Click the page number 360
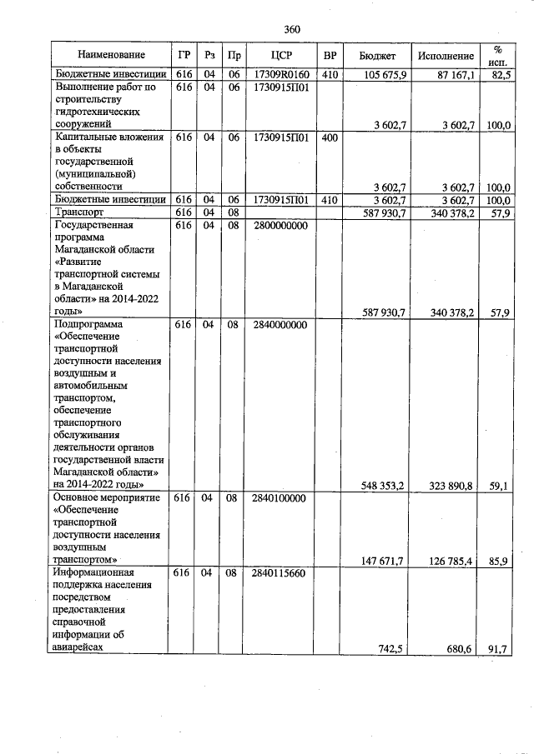291,30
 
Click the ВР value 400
330,137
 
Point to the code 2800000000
279,225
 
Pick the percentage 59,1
500,485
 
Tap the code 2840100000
279,497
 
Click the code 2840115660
279,574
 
